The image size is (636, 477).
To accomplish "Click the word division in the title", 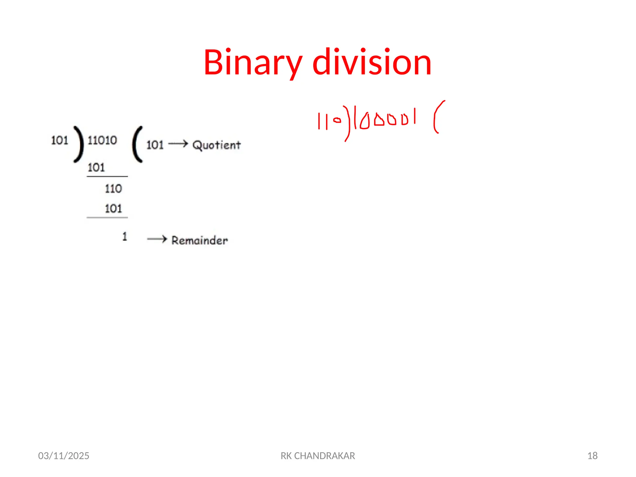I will point(372,63).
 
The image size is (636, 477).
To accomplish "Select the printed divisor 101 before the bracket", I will point(60,140).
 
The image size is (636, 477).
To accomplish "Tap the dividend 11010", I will point(102,140).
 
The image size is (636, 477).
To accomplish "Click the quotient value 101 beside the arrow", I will point(155,145).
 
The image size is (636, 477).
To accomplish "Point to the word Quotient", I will point(216,145).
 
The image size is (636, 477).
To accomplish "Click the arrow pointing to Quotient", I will point(178,144).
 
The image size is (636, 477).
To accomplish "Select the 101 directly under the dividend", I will point(96,168).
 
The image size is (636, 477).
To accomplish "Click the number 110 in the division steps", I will point(113,189).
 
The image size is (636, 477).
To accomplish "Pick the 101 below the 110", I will point(113,209).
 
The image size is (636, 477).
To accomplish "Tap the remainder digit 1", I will point(125,237).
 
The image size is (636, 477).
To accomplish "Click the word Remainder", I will point(200,240).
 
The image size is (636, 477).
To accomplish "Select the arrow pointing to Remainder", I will point(157,239).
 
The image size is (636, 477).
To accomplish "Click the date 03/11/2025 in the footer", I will point(64,456).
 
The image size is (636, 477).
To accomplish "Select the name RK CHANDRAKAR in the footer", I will point(318,456).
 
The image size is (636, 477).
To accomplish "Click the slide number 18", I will point(592,456).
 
